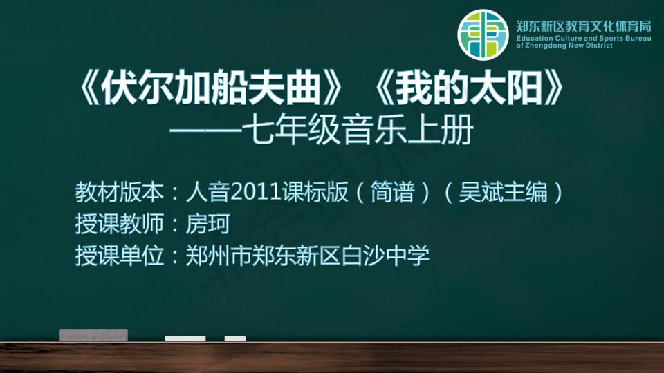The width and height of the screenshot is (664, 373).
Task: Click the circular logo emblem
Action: (483, 35)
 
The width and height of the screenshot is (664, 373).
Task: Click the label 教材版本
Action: (119, 192)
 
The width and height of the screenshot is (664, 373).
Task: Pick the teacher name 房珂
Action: (207, 224)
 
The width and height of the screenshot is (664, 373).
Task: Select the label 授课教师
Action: (119, 224)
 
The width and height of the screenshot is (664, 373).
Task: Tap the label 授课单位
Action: (119, 256)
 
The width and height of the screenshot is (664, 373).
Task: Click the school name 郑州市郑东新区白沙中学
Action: (307, 256)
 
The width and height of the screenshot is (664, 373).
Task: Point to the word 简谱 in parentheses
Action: (393, 192)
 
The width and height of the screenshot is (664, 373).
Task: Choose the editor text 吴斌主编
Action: (503, 192)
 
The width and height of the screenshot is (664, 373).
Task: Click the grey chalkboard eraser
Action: (93, 335)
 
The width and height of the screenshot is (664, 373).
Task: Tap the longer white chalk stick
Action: (185, 338)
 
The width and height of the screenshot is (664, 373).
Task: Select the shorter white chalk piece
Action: (235, 338)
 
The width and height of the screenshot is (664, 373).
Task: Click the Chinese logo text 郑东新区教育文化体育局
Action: (584, 26)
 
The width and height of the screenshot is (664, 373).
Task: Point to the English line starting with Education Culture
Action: (584, 38)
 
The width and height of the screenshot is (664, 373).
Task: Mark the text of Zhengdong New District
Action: (564, 46)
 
